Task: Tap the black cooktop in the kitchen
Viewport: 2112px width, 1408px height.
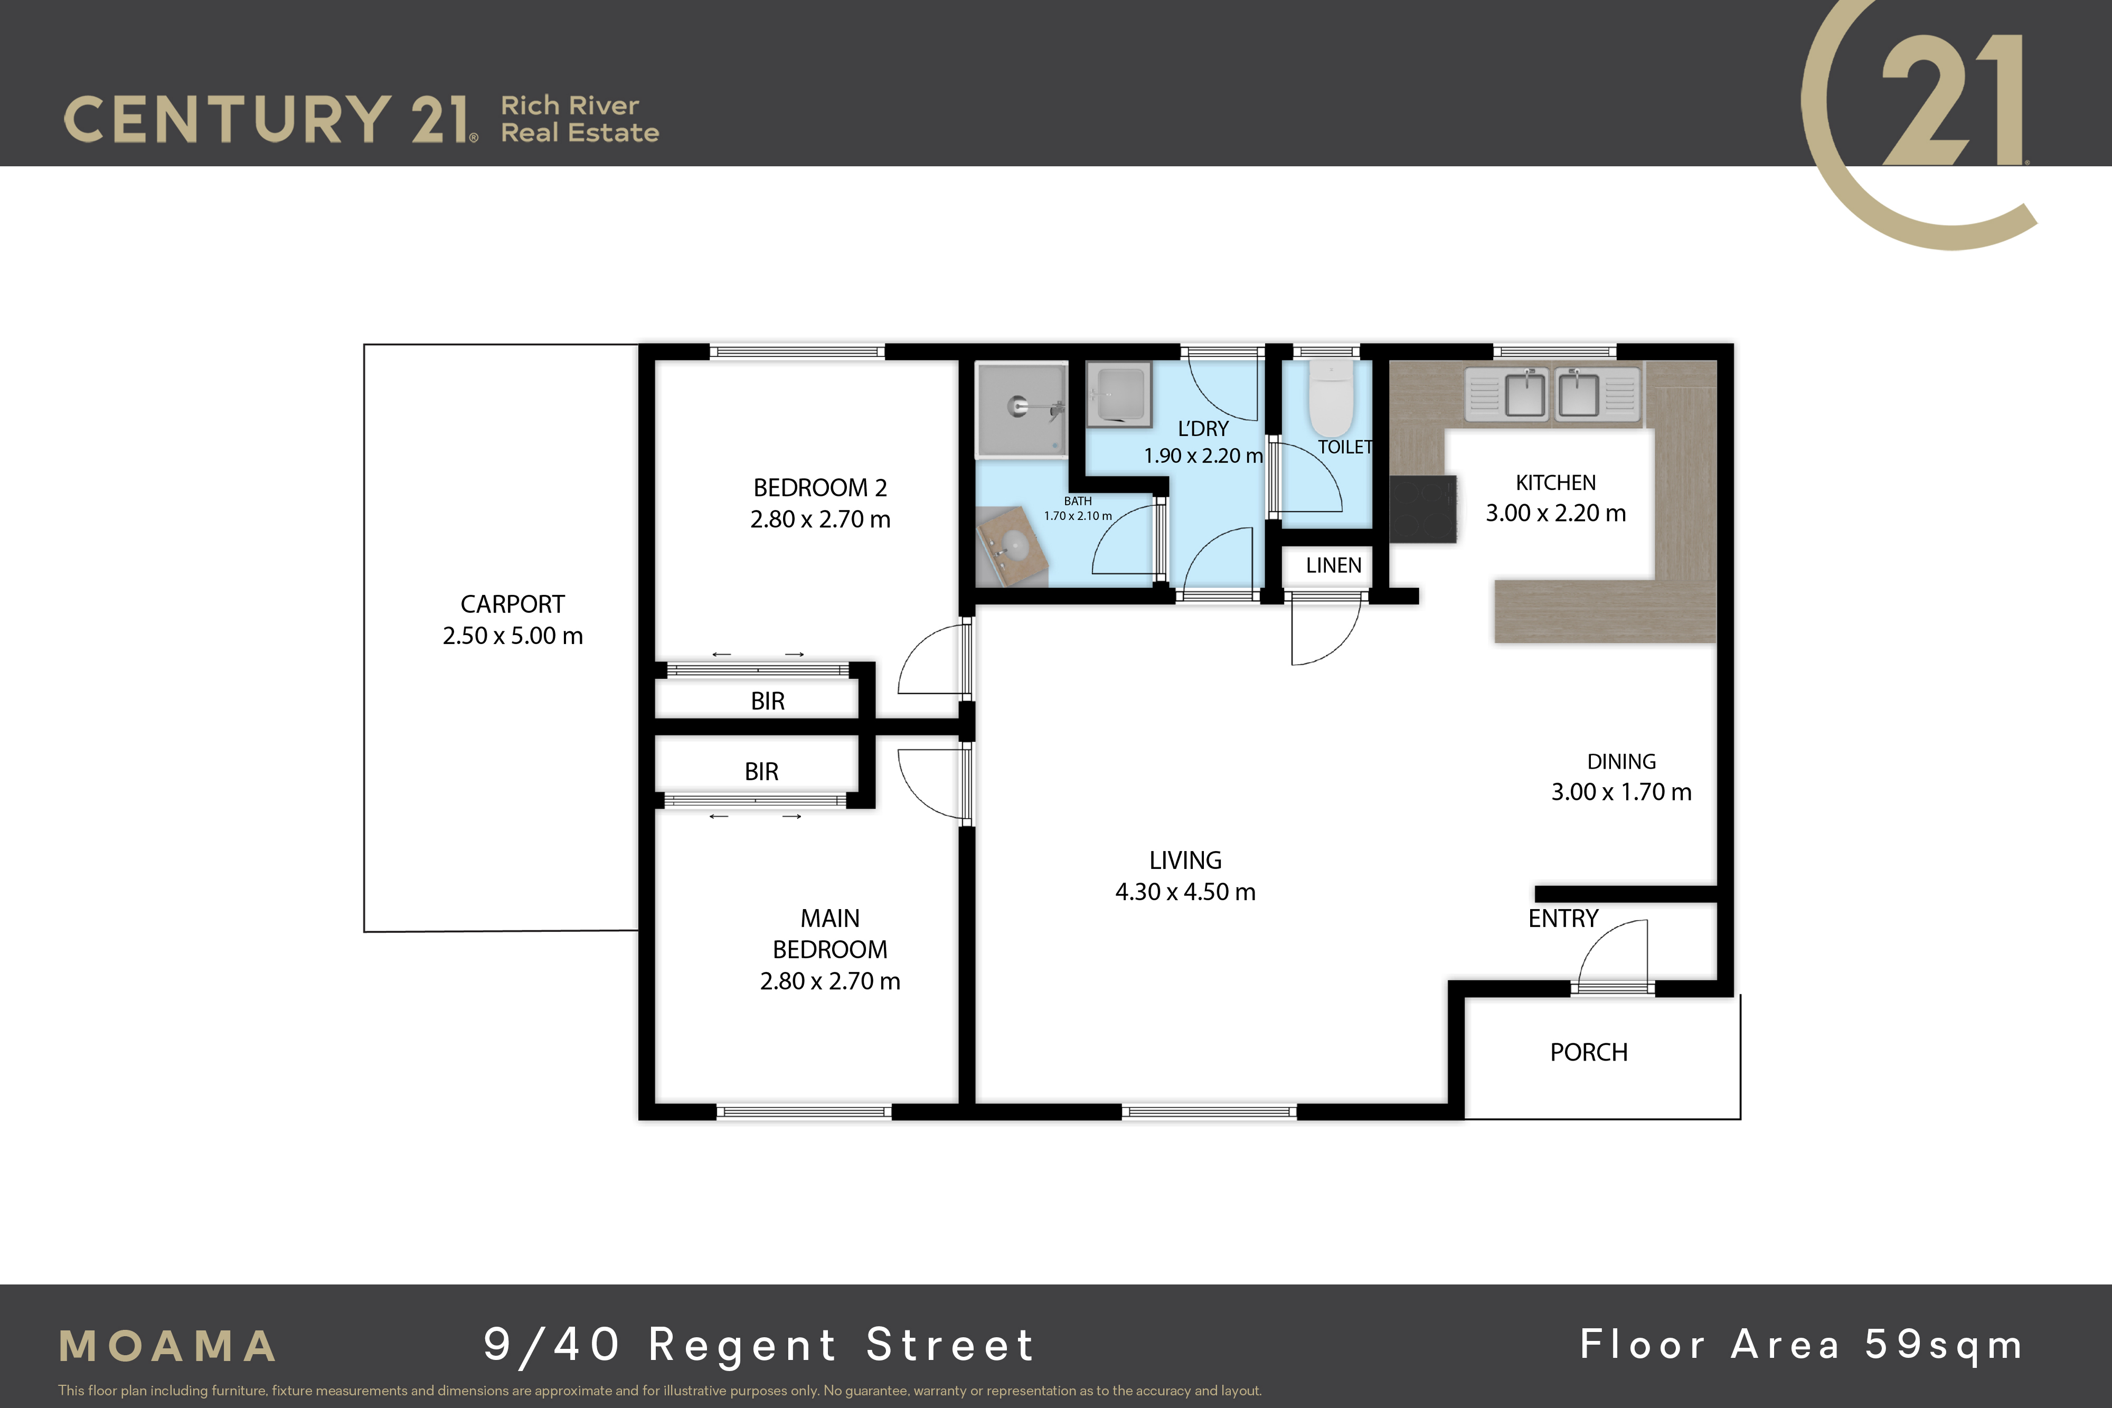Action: [x=1422, y=509]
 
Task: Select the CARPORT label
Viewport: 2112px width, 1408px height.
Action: [x=513, y=604]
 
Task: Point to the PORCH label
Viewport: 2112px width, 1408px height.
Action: [x=1589, y=1052]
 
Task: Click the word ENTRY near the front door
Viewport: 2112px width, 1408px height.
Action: [x=1563, y=919]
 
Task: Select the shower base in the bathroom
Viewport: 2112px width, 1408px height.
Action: [x=1022, y=409]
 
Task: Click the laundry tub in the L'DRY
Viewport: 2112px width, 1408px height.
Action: [x=1119, y=394]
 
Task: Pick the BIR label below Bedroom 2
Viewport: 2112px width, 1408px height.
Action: [x=768, y=701]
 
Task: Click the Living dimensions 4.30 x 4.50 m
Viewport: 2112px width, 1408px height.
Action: [x=1185, y=892]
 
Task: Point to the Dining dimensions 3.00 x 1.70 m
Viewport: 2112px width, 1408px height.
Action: [x=1621, y=792]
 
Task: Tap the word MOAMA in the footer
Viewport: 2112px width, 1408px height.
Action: [x=168, y=1346]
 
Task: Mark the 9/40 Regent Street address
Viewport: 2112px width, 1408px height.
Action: [x=759, y=1345]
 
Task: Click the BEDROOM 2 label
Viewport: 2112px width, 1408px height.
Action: [x=820, y=488]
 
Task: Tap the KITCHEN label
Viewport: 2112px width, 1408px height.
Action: [x=1556, y=483]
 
